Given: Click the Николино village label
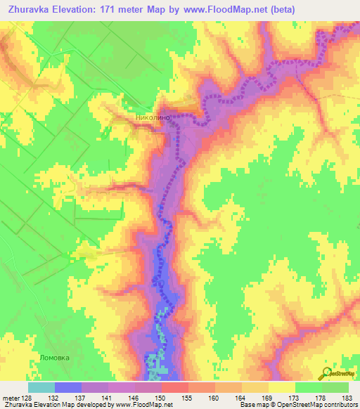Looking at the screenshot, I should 152,119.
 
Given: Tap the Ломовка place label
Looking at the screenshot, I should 56,356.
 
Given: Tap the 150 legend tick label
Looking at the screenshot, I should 162,397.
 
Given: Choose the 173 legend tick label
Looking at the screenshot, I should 295,397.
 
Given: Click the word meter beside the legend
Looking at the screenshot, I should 10,397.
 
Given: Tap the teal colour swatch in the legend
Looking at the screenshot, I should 41,387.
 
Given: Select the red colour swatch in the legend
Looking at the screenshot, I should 175,387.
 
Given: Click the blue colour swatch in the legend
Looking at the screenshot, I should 68,387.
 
